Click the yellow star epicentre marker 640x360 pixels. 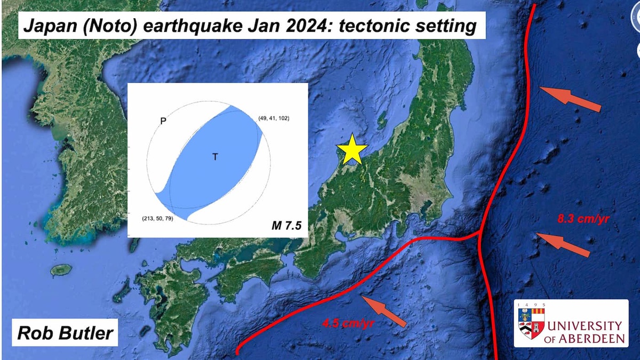(x=352, y=149)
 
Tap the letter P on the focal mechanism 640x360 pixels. (x=164, y=122)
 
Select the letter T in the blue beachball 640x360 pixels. (x=215, y=157)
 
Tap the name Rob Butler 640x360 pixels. (x=66, y=333)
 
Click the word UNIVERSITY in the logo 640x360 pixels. (x=586, y=326)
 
